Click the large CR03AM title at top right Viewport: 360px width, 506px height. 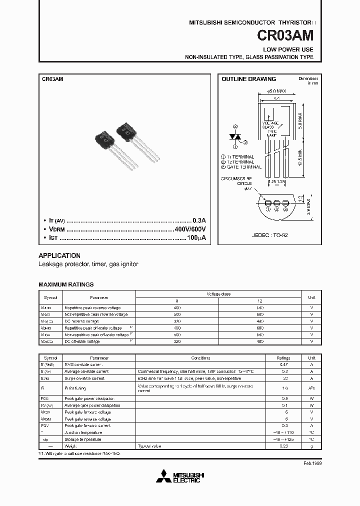[x=285, y=36]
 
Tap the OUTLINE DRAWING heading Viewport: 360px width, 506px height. [x=248, y=79]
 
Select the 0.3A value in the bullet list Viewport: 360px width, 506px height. [x=199, y=220]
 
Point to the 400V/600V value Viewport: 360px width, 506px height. [x=190, y=229]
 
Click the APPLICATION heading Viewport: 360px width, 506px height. [x=59, y=255]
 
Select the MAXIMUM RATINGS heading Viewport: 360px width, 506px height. [x=66, y=284]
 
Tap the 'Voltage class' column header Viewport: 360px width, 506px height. [x=218, y=294]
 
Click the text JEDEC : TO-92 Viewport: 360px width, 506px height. [x=270, y=234]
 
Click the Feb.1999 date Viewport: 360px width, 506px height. [x=312, y=463]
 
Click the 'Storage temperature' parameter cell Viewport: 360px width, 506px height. [x=82, y=439]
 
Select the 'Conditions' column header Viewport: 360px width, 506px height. [x=204, y=358]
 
